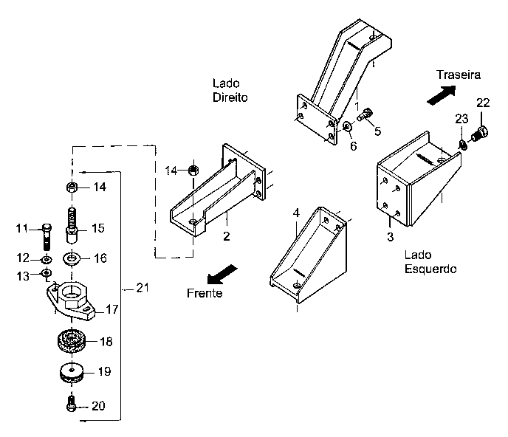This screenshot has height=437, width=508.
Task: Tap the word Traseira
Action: pyautogui.click(x=459, y=75)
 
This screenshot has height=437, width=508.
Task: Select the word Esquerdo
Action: pyautogui.click(x=430, y=269)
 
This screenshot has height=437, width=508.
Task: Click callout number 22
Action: pyautogui.click(x=482, y=102)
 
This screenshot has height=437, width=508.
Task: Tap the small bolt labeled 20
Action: pyautogui.click(x=71, y=405)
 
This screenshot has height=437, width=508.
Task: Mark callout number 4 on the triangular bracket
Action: pyautogui.click(x=295, y=213)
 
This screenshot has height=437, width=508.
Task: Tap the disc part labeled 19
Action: pyautogui.click(x=72, y=373)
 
